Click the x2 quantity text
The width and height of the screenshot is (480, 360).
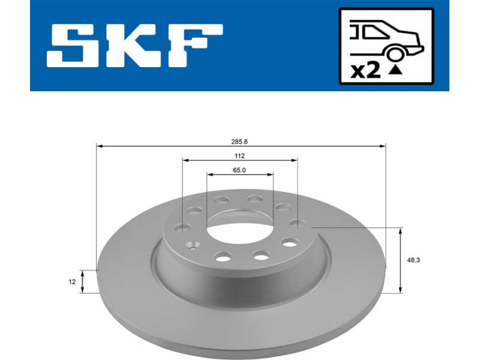pos(366,71)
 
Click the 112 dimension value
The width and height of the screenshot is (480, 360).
pos(240,155)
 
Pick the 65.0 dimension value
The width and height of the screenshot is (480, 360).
pos(240,170)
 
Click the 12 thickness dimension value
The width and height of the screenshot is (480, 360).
pos(72,281)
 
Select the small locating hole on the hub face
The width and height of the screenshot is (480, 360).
pos(193,244)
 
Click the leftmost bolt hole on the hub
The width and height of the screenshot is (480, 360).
pos(182,227)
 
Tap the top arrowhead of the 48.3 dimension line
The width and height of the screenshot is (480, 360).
pos(401,230)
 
